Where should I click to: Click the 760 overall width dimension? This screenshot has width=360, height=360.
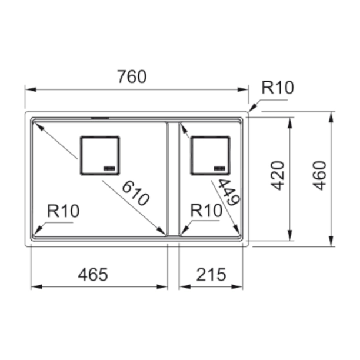click(132, 76)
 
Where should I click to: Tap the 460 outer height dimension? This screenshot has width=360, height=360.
click(320, 176)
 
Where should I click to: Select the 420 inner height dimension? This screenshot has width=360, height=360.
click(278, 176)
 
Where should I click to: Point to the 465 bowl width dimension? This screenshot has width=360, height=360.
click(93, 274)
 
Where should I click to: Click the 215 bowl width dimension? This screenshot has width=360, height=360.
click(211, 274)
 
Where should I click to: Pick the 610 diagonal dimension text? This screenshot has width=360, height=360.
click(135, 194)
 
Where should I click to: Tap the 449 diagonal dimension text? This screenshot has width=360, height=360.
click(229, 192)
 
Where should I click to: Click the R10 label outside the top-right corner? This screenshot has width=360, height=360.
click(278, 88)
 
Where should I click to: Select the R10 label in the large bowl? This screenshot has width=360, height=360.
click(63, 211)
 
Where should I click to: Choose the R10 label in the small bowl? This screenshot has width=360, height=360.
click(206, 211)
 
